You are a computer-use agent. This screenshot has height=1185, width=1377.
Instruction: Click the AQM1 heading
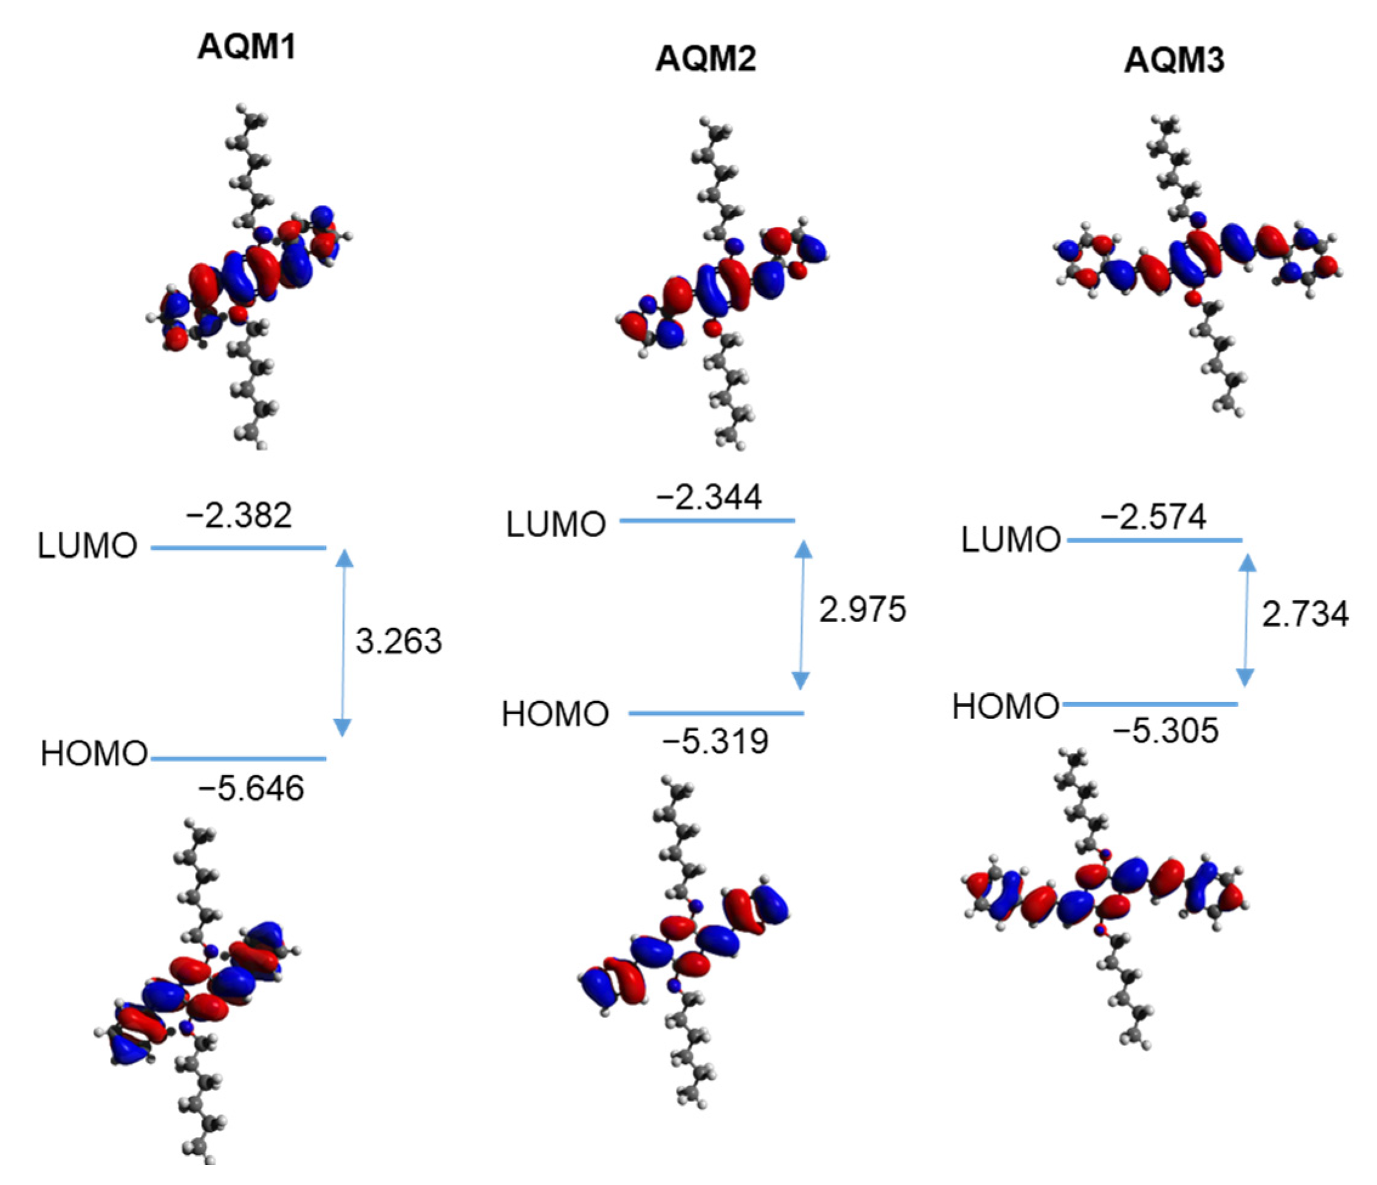point(246,47)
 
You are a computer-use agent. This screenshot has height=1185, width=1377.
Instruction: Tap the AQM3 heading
point(1174,61)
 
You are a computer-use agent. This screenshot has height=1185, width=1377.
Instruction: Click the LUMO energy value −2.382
point(239,516)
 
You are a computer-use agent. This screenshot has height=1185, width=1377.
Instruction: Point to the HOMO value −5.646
point(251,789)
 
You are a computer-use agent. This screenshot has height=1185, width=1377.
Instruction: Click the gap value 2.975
point(862,610)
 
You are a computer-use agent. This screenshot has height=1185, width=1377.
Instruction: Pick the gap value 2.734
point(1305,614)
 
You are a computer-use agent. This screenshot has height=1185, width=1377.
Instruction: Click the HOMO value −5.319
point(715,741)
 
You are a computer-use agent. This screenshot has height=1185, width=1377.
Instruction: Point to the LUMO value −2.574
point(1153,518)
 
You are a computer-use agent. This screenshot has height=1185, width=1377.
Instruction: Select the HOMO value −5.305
point(1166,731)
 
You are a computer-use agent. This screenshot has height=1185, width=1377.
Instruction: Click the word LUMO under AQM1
point(87,546)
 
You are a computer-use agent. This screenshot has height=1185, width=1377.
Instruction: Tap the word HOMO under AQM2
point(555,714)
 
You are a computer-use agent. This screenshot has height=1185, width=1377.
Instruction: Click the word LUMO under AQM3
point(1010,539)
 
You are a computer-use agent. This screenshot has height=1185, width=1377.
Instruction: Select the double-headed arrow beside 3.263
point(343,643)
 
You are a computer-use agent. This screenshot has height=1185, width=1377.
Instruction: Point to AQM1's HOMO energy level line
point(239,758)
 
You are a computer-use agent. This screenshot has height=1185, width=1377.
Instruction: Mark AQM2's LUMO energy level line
point(707,521)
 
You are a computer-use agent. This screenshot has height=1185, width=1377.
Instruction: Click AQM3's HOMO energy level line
point(1150,703)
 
